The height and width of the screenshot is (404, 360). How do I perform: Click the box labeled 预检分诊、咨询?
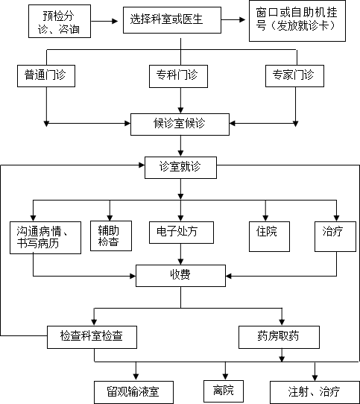60,21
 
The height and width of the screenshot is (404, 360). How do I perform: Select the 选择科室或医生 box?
172,20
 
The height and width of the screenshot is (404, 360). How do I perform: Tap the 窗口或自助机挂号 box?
297,21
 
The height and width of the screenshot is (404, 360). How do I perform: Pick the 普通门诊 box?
46,76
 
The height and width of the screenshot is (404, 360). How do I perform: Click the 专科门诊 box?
178,76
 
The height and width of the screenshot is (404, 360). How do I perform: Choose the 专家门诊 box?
294,76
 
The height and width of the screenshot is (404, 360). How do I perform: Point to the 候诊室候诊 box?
180,124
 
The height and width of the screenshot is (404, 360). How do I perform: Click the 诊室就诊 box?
180,168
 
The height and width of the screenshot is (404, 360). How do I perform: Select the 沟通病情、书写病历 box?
45,238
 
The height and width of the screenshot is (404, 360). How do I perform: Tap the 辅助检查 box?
111,236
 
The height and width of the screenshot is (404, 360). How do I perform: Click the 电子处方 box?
181,233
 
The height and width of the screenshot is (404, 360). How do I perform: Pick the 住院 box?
269,236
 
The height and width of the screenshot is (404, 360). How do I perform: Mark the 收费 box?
180,276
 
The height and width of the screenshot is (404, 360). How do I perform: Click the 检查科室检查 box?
92,337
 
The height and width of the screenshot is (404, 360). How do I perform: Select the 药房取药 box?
279,337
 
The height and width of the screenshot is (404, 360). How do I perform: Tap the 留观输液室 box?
133,392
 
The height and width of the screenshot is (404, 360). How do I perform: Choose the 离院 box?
224,391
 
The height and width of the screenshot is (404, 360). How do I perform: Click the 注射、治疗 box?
315,392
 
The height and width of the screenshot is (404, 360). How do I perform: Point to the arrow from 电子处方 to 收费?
180,254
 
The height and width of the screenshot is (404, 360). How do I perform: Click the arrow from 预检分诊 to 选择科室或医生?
104,21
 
